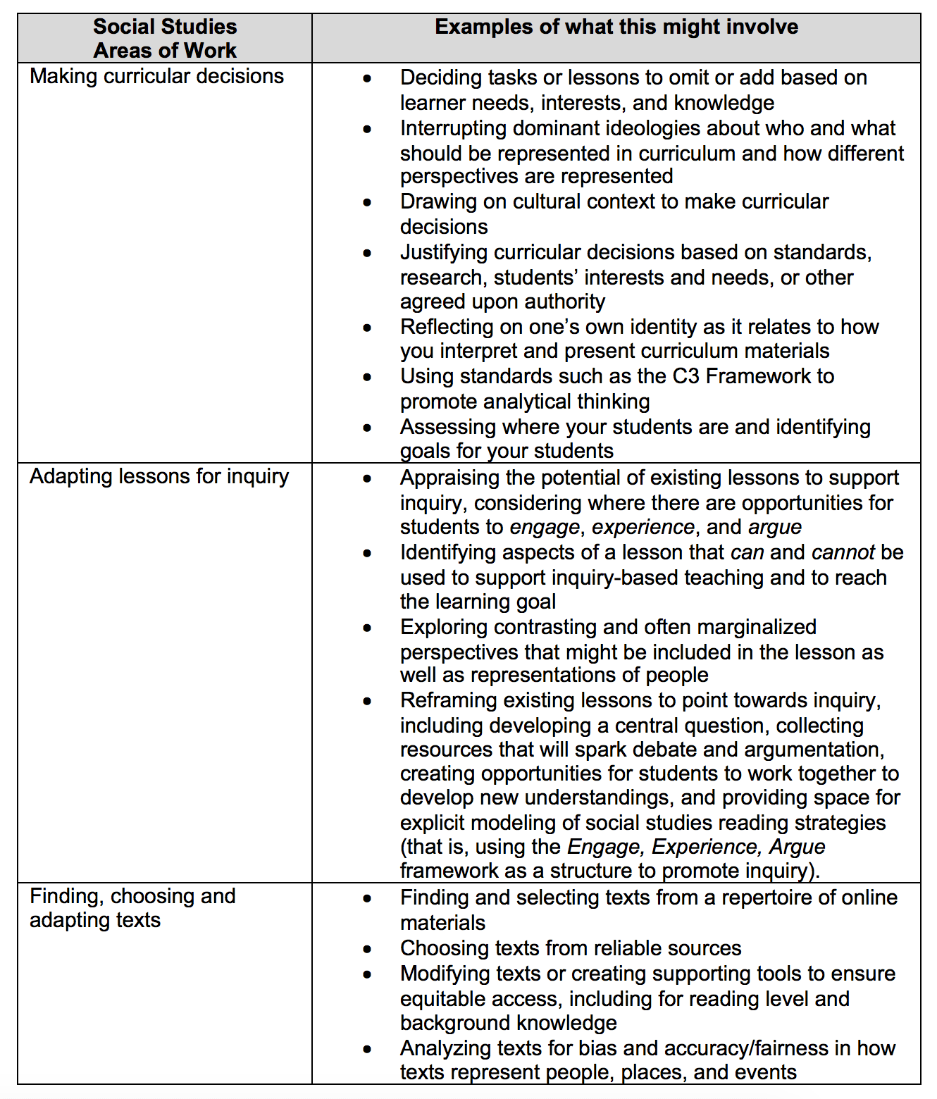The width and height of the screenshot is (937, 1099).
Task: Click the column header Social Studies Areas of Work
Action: click(165, 38)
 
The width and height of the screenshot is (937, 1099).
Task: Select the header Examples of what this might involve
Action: click(616, 27)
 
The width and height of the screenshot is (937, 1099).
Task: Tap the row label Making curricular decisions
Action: click(156, 76)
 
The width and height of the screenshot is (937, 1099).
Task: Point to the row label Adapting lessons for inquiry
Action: click(159, 476)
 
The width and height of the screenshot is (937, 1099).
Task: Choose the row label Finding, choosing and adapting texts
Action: click(132, 908)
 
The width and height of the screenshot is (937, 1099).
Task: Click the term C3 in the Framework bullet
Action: click(685, 376)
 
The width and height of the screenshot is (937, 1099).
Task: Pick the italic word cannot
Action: click(843, 552)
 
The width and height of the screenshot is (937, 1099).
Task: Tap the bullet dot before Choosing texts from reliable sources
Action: click(367, 949)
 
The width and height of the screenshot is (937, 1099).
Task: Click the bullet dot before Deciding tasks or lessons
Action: click(367, 78)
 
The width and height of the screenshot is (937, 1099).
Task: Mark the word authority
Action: click(564, 302)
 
